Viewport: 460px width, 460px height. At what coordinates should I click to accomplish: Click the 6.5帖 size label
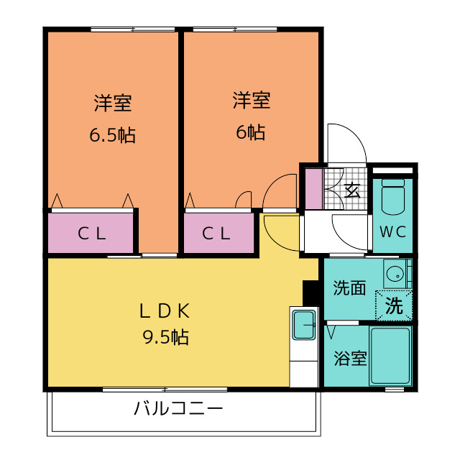(113, 135)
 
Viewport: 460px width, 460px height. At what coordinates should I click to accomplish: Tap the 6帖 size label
(251, 133)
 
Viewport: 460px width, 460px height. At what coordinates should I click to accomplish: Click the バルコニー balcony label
(178, 410)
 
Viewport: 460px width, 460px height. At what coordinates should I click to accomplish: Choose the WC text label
(392, 232)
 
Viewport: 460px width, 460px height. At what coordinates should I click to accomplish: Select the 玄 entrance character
(352, 190)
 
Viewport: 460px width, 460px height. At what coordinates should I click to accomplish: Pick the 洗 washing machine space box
(395, 305)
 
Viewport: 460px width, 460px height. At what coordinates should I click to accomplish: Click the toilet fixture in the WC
(393, 195)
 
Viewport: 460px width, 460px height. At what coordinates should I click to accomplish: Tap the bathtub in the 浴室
(390, 356)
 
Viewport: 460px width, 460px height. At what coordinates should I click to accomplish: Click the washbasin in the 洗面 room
(394, 272)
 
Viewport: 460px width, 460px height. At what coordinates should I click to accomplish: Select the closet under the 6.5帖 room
(92, 233)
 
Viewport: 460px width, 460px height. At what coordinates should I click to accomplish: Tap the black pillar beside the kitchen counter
(311, 292)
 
